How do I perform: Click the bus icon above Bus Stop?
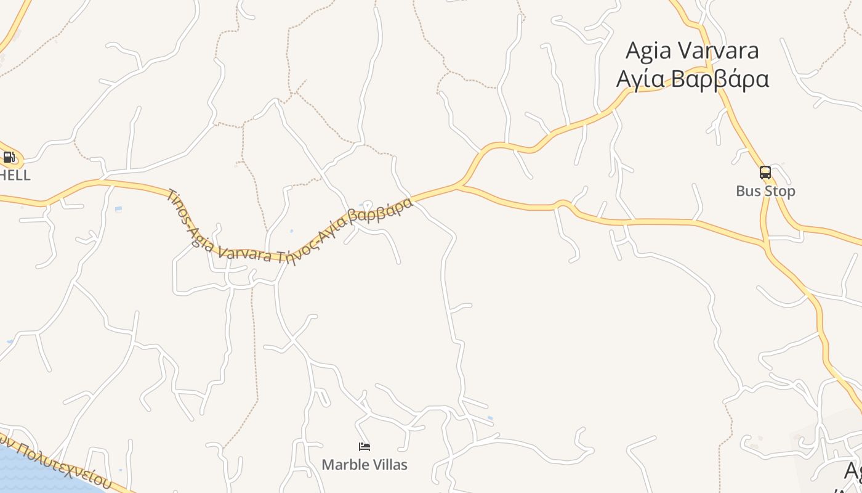coord(765,173)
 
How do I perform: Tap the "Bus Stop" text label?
coord(765,191)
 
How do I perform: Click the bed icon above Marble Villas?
coord(365,447)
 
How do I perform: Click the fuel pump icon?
coord(9,157)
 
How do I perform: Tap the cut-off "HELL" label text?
coord(15,176)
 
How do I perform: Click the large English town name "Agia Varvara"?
coord(692,51)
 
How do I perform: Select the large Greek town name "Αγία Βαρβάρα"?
coord(692,79)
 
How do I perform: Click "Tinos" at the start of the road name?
coord(179,206)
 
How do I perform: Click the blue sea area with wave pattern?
coord(37,471)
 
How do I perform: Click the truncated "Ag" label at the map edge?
coord(853,471)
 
